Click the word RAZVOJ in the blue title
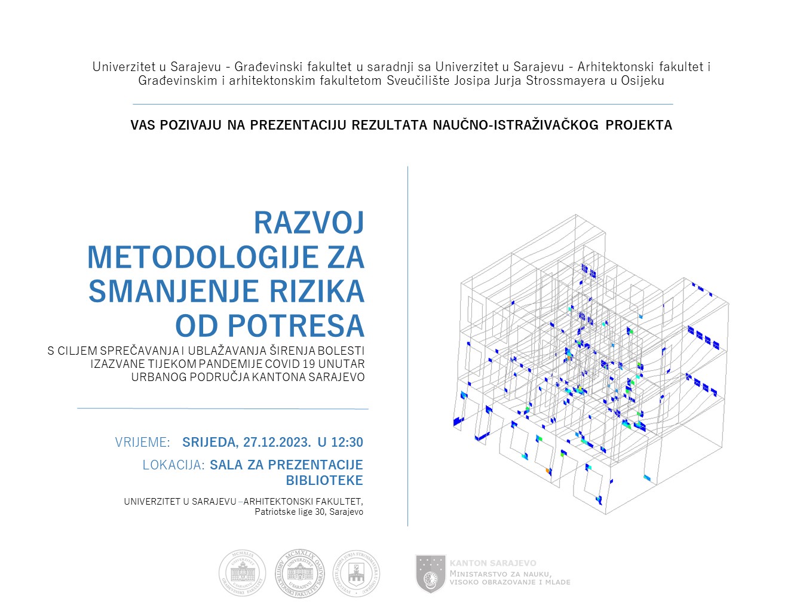[x=309, y=223]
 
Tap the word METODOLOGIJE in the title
[x=203, y=257]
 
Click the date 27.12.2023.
[x=277, y=443]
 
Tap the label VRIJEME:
[x=143, y=443]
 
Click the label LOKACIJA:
[x=174, y=465]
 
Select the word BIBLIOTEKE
[x=324, y=481]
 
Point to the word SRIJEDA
[x=209, y=443]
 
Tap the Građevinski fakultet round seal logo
[x=242, y=573]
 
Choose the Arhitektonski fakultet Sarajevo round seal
[x=299, y=573]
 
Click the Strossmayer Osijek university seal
[x=356, y=573]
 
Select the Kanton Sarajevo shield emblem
[x=430, y=573]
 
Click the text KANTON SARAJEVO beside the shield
[x=493, y=563]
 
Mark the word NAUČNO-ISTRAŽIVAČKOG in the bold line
[x=516, y=125]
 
